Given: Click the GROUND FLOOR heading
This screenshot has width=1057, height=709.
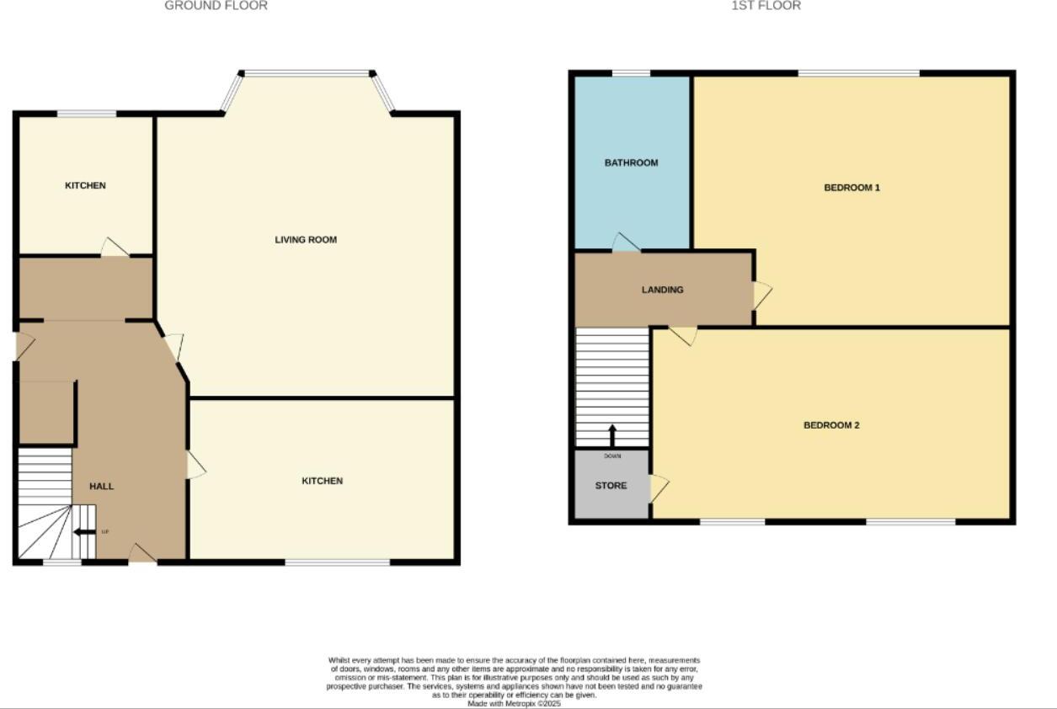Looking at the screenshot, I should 216,6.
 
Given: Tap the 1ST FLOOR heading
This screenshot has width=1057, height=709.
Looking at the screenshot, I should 766,6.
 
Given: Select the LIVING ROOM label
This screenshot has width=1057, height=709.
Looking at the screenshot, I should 306,240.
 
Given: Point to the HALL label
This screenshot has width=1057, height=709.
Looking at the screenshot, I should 102,487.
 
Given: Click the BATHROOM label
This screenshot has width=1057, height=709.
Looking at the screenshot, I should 631,163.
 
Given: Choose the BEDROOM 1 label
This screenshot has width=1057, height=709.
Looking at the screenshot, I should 851,188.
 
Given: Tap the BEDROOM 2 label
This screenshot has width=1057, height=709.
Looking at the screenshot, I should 831,426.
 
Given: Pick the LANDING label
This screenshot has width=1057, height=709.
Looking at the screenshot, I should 663,290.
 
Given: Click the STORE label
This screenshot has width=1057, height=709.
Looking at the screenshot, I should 611,486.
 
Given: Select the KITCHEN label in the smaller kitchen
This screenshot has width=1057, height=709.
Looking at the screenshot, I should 85,186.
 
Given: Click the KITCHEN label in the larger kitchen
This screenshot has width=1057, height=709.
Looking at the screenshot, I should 323,482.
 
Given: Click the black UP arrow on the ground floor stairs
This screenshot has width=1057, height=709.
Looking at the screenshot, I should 85,532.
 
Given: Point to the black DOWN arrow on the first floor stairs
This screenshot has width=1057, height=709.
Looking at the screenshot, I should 612,435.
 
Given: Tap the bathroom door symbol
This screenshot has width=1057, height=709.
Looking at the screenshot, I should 625,243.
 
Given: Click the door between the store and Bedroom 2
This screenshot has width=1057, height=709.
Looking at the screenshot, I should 659,488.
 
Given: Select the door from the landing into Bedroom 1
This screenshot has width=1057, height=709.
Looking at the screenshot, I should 761,295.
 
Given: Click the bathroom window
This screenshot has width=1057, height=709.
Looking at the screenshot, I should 631,74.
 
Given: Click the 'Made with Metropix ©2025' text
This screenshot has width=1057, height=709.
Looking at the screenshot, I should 514,703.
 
